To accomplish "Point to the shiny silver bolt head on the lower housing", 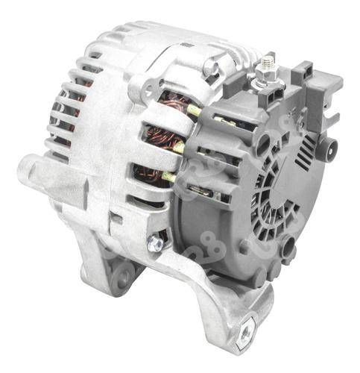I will coord(156,242).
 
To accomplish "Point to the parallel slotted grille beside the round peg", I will coord(306,148).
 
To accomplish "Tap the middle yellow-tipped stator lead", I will coord(180,146).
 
